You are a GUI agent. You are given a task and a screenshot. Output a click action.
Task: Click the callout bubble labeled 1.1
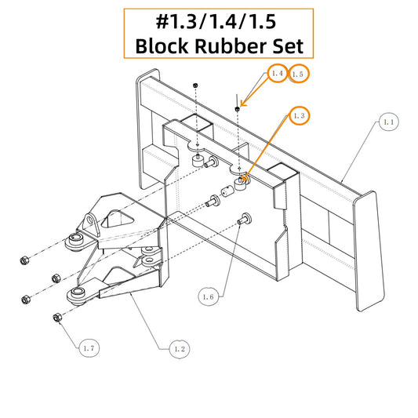[389, 122]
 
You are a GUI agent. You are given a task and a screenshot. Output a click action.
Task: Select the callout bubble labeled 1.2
[180, 349]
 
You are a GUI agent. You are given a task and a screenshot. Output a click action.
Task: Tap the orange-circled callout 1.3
[300, 116]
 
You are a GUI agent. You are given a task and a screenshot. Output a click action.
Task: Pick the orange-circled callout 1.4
[278, 73]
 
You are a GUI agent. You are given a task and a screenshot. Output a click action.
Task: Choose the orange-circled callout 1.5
[298, 74]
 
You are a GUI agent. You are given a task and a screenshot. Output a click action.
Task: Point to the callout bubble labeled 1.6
[208, 296]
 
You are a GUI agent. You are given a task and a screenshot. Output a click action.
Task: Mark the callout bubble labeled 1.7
[89, 348]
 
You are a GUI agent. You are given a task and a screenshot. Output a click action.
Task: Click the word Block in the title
[162, 45]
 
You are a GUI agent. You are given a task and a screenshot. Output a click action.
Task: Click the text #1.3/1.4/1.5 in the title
[216, 21]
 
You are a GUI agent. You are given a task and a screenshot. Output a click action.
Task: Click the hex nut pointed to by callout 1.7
[56, 318]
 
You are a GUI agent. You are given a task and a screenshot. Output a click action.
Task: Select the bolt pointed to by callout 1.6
[244, 219]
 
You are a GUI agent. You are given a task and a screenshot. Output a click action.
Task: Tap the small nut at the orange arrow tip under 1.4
[238, 108]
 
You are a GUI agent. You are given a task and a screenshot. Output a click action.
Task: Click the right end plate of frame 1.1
[369, 251]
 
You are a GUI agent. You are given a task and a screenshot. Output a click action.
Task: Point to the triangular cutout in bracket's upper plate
[118, 219]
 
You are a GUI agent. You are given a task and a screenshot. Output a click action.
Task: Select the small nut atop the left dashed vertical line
[195, 85]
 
